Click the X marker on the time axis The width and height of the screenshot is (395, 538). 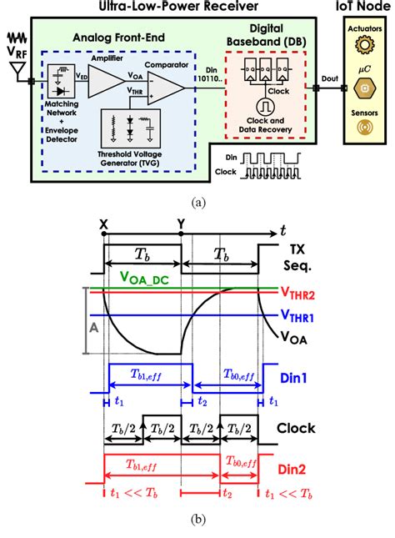[x=102, y=224]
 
